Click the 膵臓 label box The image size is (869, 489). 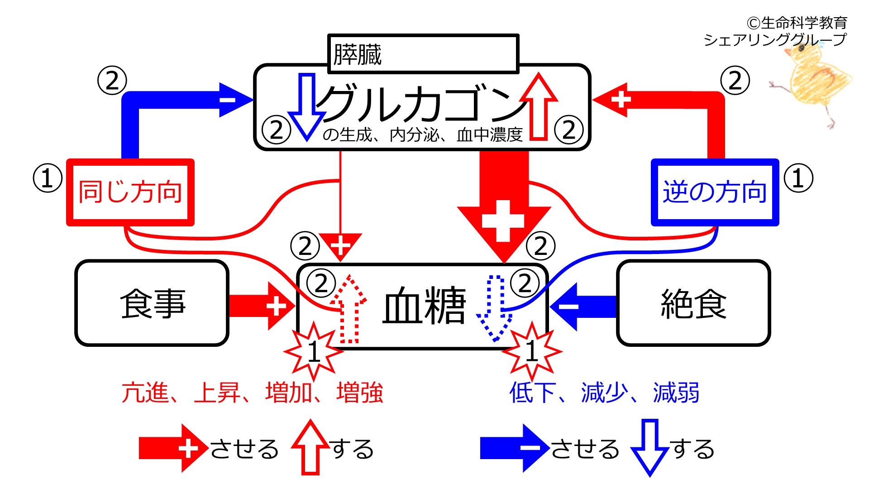click(x=423, y=53)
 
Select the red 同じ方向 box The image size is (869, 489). click(x=130, y=192)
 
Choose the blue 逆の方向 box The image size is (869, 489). click(x=715, y=192)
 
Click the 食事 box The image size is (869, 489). click(x=152, y=303)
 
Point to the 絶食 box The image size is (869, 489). click(x=693, y=303)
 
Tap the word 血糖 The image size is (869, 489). click(x=424, y=305)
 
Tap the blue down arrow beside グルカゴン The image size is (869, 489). click(x=307, y=107)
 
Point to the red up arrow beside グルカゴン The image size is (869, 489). click(x=539, y=106)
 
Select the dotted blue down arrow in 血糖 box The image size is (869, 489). click(x=495, y=308)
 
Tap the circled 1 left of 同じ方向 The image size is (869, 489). click(x=48, y=178)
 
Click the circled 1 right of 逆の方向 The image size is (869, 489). click(x=798, y=178)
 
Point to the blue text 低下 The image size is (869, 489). click(x=533, y=393)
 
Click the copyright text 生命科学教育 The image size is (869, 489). click(x=804, y=23)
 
